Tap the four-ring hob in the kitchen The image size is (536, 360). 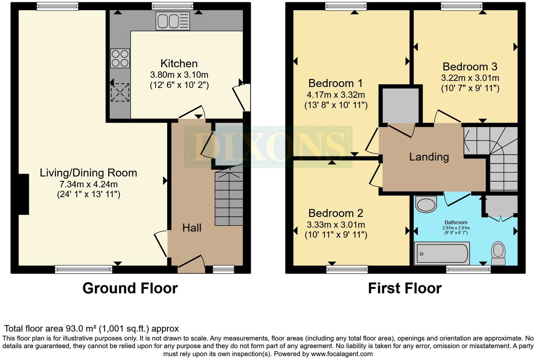120,58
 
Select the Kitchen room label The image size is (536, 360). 179,63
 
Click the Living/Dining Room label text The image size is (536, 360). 88,173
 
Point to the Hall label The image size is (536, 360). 192,228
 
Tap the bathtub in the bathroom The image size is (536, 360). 442,253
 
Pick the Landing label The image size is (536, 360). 429,157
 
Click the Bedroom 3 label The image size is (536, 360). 470,67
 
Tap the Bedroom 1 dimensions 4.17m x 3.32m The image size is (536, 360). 336,95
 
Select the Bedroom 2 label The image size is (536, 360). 335,213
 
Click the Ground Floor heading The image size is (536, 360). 130,288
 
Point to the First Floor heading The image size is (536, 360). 404,288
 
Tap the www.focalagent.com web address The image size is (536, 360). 342,354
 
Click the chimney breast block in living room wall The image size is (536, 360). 23,194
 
